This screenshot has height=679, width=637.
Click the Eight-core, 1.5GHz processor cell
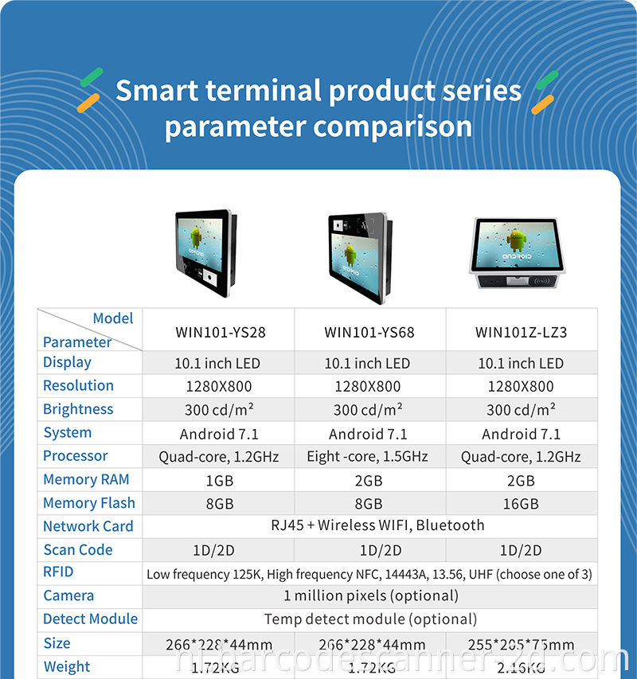pos(367,457)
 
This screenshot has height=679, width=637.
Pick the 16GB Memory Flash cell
pos(521,504)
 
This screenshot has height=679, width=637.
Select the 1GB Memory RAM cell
pos(219,480)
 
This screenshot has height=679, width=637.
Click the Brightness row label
pos(78,409)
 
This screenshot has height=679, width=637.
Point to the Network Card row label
pos(88,526)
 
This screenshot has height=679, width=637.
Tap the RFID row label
pos(58,572)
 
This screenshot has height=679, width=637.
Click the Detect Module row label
pos(90,619)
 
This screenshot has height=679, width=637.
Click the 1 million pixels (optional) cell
pos(371,595)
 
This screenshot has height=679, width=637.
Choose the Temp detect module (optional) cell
pos(371,619)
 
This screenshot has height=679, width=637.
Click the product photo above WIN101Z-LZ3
pos(522,254)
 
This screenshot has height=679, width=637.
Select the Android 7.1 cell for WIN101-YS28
pos(219,434)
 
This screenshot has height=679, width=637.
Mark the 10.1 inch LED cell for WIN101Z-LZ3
pos(521,364)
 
